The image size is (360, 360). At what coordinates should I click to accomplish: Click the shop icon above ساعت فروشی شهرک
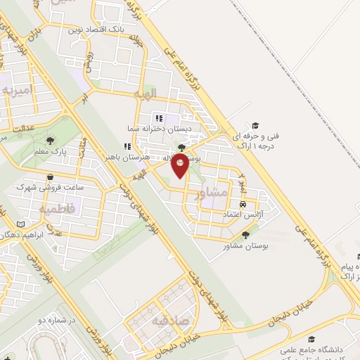49,177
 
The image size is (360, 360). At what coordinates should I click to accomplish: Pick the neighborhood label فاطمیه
53,209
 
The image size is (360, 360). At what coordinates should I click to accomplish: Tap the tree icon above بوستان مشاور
245,235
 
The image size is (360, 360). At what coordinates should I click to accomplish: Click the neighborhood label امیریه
15,91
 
